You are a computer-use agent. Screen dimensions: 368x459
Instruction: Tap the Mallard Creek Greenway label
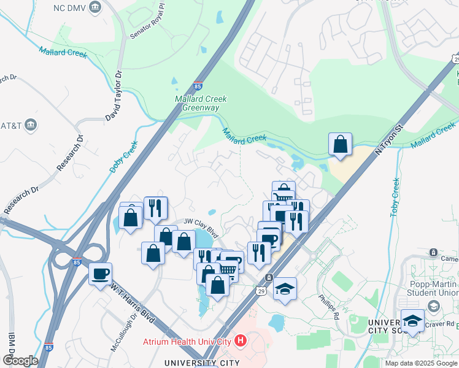click(201, 103)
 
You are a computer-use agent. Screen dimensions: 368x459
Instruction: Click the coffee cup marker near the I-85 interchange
click(100, 274)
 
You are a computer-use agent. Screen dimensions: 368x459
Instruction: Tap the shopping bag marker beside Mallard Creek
click(340, 145)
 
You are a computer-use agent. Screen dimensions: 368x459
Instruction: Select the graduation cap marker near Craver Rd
click(412, 320)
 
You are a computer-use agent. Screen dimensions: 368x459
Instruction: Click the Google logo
click(20, 361)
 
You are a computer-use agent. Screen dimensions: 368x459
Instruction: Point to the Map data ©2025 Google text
click(421, 363)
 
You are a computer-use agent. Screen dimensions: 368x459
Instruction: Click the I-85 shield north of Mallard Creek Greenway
click(198, 86)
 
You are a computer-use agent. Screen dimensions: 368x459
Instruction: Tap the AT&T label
click(11, 126)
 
